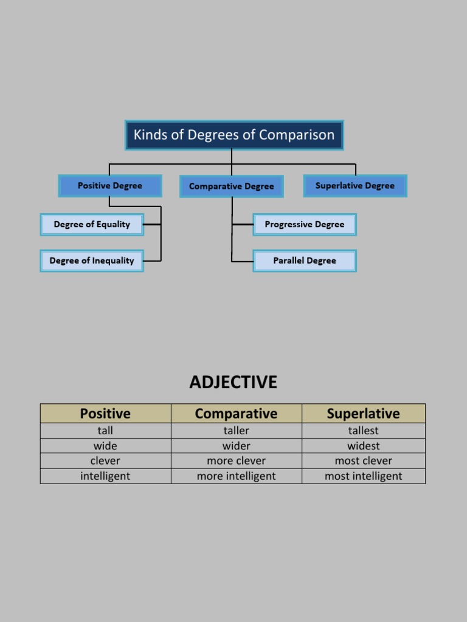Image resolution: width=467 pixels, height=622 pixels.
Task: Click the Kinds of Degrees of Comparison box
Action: (x=234, y=135)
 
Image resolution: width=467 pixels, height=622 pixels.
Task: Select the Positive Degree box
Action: (x=110, y=186)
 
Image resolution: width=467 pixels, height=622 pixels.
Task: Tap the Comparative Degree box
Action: (x=232, y=186)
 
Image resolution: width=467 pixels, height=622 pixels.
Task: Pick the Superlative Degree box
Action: (x=355, y=186)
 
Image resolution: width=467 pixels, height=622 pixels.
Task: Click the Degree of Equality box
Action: (x=92, y=224)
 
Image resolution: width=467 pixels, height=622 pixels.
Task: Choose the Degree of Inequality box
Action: (x=92, y=261)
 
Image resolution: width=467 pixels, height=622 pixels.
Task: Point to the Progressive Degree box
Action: (x=305, y=224)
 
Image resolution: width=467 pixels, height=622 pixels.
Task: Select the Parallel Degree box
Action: (x=305, y=261)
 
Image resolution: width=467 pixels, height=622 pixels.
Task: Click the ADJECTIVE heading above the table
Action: (x=233, y=382)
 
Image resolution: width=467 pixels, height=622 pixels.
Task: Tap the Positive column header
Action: (x=105, y=414)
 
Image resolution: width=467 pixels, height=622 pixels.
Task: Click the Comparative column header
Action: (x=236, y=414)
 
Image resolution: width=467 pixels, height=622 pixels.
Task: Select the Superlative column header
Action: (x=363, y=414)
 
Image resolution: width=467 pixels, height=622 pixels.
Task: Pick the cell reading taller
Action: (x=236, y=431)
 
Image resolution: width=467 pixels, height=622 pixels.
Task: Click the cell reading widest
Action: (x=363, y=446)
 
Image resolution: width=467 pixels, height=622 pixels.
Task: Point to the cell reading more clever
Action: (x=236, y=461)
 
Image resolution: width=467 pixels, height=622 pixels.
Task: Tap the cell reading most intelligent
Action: (x=363, y=476)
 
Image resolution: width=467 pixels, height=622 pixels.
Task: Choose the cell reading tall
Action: (x=105, y=431)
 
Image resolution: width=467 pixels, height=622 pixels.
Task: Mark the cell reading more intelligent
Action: (x=236, y=476)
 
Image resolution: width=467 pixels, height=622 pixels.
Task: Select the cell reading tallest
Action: (x=363, y=431)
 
